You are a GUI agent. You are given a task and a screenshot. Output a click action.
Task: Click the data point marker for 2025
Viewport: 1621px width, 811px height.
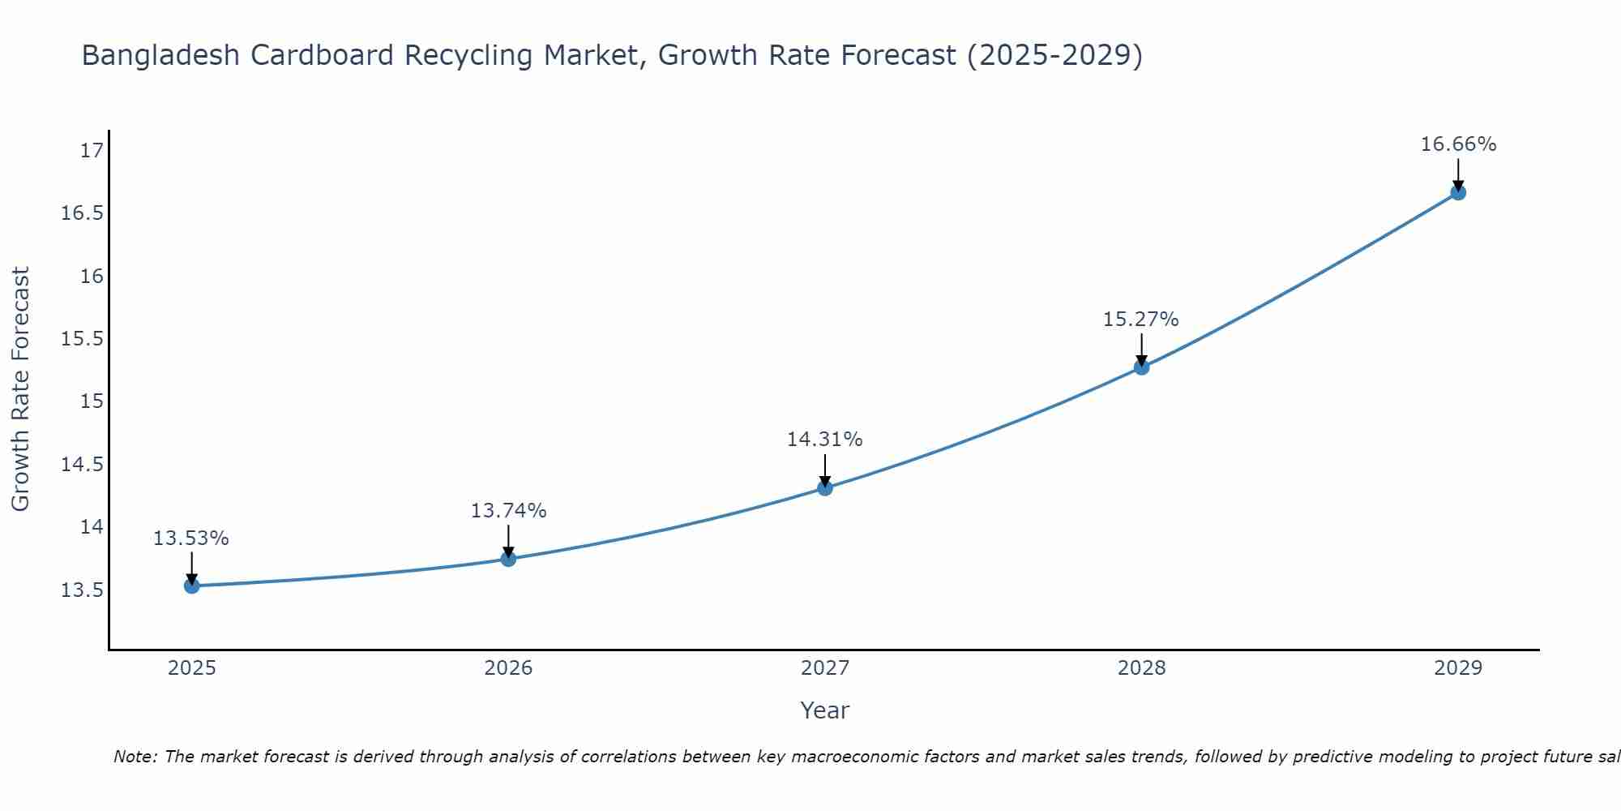(x=192, y=586)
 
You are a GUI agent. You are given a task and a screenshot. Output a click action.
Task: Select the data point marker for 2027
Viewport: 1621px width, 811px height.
(x=825, y=487)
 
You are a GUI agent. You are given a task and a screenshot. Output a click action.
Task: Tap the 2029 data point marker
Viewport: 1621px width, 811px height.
(x=1458, y=192)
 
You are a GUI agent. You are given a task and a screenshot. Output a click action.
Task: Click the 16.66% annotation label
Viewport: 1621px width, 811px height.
(x=1458, y=144)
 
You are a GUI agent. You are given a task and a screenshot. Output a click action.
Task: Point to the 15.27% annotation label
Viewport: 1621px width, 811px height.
(x=1140, y=320)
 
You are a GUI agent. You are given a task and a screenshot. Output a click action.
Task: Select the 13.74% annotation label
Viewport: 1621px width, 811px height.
(x=508, y=511)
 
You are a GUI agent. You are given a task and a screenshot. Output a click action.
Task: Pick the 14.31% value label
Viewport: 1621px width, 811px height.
(x=824, y=440)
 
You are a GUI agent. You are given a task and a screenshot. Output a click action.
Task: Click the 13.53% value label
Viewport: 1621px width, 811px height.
(x=191, y=539)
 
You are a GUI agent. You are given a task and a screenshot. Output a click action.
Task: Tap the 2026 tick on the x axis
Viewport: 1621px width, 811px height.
(x=508, y=668)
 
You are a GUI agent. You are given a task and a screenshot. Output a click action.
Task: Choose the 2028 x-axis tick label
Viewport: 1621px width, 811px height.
(x=1141, y=668)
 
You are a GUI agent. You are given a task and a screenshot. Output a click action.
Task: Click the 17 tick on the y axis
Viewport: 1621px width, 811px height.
(x=92, y=151)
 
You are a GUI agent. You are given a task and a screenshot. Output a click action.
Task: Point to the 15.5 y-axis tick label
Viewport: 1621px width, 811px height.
(x=83, y=339)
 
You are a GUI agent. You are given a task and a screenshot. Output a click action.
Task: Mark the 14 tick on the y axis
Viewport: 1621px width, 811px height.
(x=92, y=527)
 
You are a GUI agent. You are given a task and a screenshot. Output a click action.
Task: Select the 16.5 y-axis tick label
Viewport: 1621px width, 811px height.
(x=83, y=213)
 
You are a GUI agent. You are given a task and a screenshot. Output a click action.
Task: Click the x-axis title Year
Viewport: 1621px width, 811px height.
(x=824, y=710)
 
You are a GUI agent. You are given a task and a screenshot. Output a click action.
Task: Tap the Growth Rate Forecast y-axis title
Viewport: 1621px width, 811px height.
(x=20, y=389)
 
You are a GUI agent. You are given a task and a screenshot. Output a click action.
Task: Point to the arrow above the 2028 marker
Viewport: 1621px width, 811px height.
(x=1141, y=350)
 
